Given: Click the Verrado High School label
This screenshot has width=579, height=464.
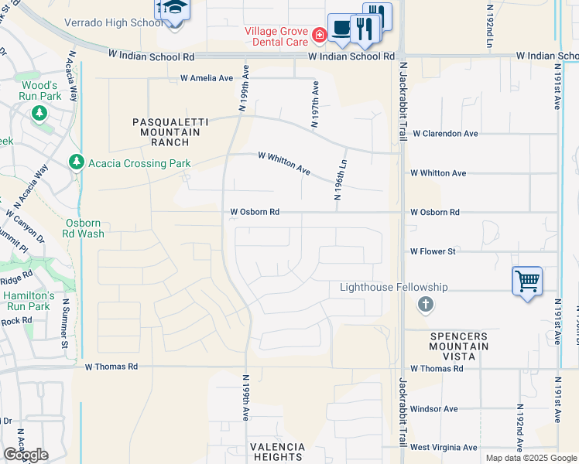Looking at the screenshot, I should click(116, 22).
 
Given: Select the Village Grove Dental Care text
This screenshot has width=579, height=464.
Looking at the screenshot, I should click(276, 36).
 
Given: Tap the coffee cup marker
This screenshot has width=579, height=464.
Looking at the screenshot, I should click(341, 27).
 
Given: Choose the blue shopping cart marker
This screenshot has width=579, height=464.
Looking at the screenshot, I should click(527, 281).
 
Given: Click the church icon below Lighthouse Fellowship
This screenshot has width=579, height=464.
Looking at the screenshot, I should click(425, 305).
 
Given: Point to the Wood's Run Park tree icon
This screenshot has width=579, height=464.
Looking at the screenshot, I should click(39, 114).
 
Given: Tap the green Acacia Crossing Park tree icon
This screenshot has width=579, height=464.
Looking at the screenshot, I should click(76, 163).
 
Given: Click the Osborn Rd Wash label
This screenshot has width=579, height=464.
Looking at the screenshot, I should click(82, 228).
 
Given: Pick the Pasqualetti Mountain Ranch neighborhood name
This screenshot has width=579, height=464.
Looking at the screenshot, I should click(166, 132).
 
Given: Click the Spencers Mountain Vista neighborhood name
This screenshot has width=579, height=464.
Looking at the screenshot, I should click(458, 341).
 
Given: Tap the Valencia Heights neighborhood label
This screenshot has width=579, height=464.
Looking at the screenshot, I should click(276, 452).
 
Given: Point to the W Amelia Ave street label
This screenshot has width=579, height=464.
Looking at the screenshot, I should click(207, 78).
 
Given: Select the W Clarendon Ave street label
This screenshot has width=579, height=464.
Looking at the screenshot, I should click(444, 134).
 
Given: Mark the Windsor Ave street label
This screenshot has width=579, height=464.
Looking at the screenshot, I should click(434, 409).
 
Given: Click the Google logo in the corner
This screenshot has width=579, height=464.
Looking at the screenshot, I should click(26, 455).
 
